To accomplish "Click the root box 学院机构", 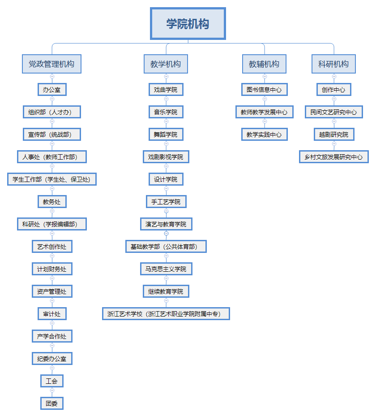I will [188, 24].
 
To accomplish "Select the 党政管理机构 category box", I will [51, 64].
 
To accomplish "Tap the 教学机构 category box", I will [166, 64].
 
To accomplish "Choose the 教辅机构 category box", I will [264, 64].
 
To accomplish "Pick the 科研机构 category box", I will [333, 64].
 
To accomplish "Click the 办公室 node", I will [51, 90].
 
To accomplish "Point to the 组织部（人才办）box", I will [51, 112].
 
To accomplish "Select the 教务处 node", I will [51, 202].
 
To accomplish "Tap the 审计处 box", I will [51, 314].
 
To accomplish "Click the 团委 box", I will [51, 404].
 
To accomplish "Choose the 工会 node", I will [51, 381].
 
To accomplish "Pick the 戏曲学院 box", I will [166, 90].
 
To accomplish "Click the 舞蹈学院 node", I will [166, 135].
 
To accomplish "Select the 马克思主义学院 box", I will [166, 269].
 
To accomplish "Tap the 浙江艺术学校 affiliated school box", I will [166, 314].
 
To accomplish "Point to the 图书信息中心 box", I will [264, 90].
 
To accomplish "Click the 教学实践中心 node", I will [264, 135].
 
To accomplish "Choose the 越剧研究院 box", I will [333, 135].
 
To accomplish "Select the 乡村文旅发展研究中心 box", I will [333, 157].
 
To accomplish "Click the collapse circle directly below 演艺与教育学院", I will [166, 233].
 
